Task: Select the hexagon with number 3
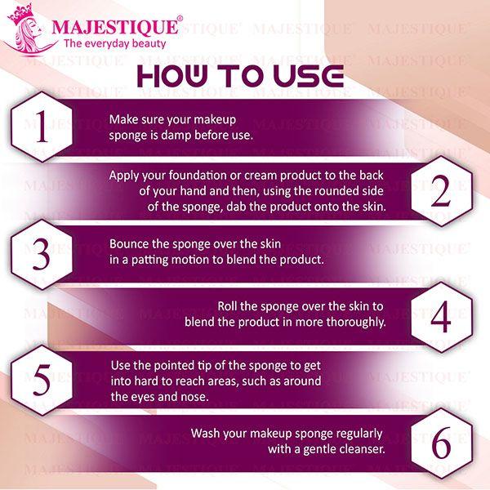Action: [x=40, y=255]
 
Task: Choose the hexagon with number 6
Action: [x=440, y=443]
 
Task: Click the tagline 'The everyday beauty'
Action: [x=114, y=43]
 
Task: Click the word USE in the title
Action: [x=309, y=76]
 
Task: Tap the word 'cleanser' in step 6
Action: [x=357, y=449]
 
